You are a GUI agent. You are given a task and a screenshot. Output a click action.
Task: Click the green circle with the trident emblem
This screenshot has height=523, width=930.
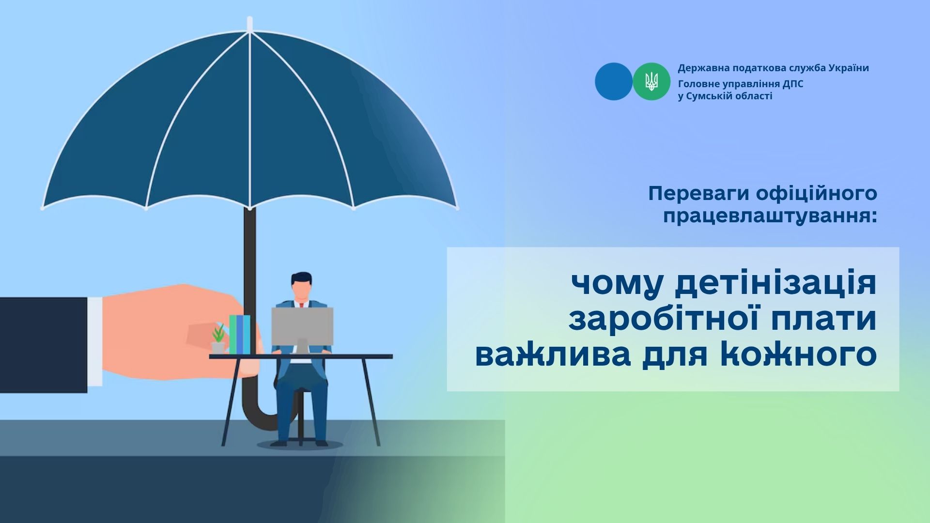click(651, 81)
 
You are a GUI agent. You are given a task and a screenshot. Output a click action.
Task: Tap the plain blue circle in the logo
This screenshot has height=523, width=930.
click(614, 81)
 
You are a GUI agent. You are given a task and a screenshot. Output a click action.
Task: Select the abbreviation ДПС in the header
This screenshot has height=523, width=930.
click(793, 84)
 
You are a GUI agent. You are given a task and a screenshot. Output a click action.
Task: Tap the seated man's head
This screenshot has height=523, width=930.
click(302, 287)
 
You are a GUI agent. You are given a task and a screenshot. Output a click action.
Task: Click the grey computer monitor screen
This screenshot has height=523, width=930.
click(302, 326)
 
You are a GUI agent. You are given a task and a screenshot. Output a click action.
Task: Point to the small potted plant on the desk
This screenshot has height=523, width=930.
click(218, 338)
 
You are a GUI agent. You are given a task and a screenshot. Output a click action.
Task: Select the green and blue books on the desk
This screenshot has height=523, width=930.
click(240, 334)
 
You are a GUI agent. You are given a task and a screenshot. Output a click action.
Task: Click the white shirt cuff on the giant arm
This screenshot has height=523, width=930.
click(95, 341)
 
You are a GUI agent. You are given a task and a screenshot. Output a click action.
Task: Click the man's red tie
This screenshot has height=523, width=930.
click(301, 305)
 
